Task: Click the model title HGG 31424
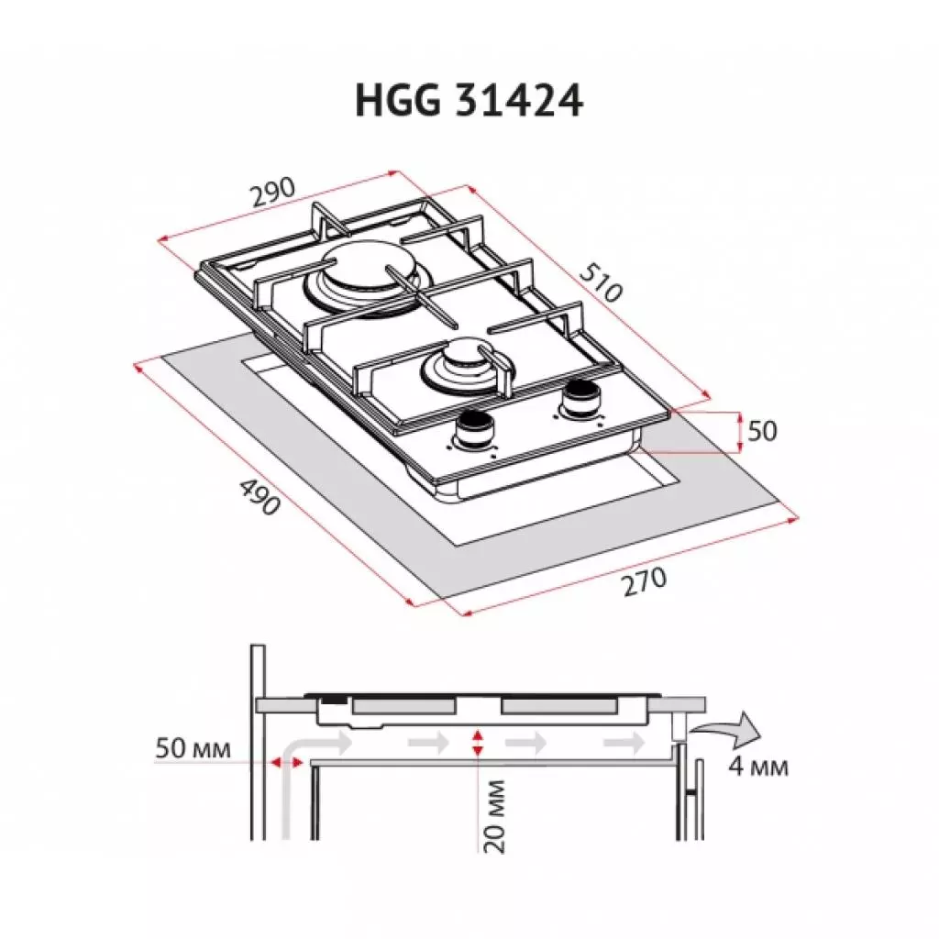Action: coord(469,102)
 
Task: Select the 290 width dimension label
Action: coord(272,191)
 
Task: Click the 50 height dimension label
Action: coord(761,431)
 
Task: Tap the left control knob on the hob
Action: coord(474,427)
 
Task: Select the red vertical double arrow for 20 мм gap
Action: coord(475,744)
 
